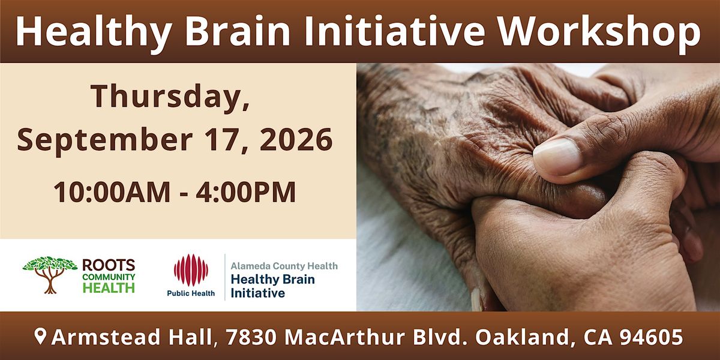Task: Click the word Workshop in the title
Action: tap(600, 31)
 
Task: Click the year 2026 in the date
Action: tap(296, 139)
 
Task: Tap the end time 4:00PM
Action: tap(246, 192)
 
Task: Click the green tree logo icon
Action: tap(50, 274)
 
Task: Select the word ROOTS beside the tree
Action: tap(109, 265)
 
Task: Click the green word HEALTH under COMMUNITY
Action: tap(109, 287)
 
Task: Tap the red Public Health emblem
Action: tap(191, 270)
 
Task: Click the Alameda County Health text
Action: tap(284, 266)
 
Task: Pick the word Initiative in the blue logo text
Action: tap(258, 293)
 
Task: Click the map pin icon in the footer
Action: tap(40, 336)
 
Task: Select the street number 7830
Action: tap(251, 337)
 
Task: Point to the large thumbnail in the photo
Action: tap(557, 157)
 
